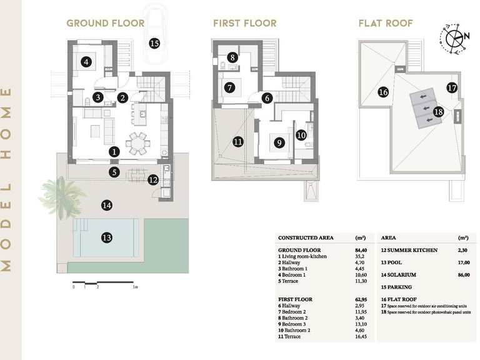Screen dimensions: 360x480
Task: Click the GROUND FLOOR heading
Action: point(105,24)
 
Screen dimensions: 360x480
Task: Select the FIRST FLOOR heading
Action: point(244,24)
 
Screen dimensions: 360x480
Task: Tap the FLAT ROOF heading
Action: point(384,24)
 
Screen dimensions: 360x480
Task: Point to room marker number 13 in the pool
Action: point(107,237)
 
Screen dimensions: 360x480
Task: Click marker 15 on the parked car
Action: point(154,43)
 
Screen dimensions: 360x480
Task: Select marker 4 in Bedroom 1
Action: point(86,61)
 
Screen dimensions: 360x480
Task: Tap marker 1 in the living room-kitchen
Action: point(114,151)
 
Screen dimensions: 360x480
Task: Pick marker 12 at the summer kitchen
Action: point(153,180)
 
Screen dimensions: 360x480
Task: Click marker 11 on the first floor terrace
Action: point(237,142)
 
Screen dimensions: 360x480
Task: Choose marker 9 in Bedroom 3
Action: point(279,142)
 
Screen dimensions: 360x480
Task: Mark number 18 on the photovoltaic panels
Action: point(438,112)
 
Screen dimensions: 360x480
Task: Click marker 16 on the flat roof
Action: point(383,92)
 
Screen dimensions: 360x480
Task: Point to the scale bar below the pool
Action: point(103,283)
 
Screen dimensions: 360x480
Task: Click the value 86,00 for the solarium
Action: point(463,274)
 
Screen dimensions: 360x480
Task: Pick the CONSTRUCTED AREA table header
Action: point(306,238)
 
